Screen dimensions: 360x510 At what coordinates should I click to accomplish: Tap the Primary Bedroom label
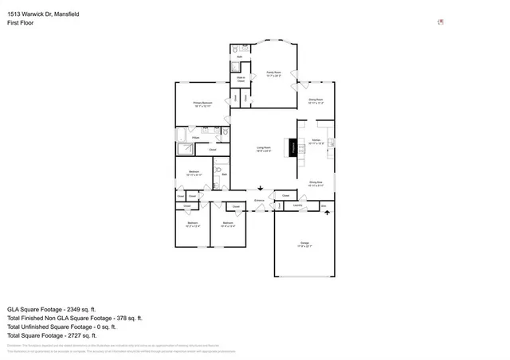(x=202, y=104)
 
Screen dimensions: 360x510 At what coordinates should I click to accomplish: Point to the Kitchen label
(x=316, y=140)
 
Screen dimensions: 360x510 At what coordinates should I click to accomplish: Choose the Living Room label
(x=263, y=149)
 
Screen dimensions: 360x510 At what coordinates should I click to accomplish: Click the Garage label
(x=304, y=242)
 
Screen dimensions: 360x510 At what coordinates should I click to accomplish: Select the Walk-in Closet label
(x=241, y=78)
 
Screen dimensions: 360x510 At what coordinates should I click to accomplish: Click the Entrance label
(x=259, y=200)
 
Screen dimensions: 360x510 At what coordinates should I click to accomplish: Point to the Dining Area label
(x=316, y=182)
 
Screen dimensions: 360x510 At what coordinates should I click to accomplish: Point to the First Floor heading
(x=22, y=23)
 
